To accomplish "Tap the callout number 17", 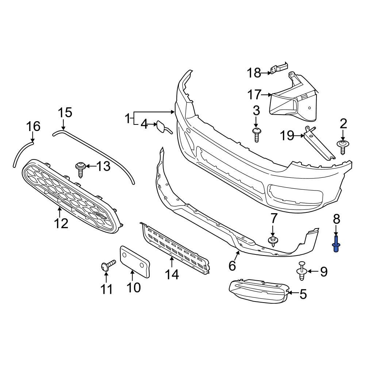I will (254, 95).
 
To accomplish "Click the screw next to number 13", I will (81, 169).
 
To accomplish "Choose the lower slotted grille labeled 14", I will (175, 248).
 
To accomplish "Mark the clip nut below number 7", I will (272, 241).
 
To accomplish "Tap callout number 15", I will (66, 112).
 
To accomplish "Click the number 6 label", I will (232, 266).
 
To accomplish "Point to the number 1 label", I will (127, 118).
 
